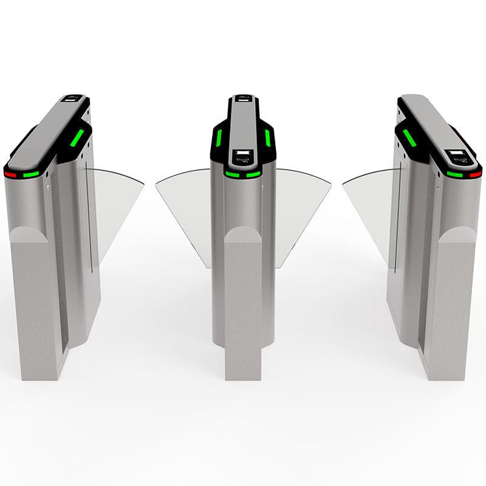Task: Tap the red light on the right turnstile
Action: [x=475, y=174]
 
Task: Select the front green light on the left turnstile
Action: [x=31, y=174]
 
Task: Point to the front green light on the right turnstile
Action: [x=454, y=174]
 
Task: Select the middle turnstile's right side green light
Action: [x=267, y=138]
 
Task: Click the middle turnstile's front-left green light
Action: [x=232, y=174]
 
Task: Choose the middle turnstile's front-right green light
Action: [x=254, y=174]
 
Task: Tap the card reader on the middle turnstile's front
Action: [x=243, y=157]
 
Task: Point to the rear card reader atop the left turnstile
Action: [x=73, y=98]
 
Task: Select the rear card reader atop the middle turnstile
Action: [x=243, y=98]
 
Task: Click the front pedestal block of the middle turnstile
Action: [x=243, y=304]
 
